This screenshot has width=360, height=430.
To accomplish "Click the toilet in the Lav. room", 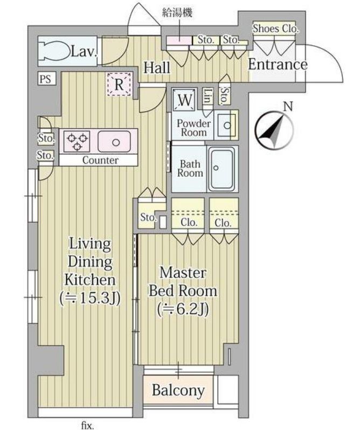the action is (x=54, y=51).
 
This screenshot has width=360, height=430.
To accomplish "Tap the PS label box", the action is (x=46, y=79).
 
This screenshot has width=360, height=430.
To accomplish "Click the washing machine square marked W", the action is (x=184, y=99).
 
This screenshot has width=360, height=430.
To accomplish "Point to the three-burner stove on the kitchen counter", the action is (x=77, y=141).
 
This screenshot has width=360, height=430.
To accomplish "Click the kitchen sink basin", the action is (x=114, y=142).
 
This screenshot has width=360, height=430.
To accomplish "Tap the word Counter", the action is (x=100, y=160).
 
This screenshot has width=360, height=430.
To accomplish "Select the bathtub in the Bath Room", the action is (x=221, y=169).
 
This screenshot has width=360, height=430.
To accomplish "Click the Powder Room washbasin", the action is (x=226, y=126).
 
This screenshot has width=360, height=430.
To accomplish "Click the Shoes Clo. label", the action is (x=275, y=28).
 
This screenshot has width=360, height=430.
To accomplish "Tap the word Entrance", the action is (x=278, y=65).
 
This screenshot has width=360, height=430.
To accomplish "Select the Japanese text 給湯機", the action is (x=177, y=12).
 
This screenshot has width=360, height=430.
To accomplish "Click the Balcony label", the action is (x=178, y=390).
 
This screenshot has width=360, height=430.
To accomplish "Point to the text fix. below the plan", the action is (x=88, y=425).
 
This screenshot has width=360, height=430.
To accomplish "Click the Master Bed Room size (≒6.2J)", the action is (x=183, y=309).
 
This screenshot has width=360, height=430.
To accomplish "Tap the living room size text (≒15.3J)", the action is (x=90, y=299).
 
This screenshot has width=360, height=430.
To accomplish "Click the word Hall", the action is (x=157, y=67).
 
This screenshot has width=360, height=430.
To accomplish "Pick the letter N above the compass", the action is (x=288, y=106).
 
